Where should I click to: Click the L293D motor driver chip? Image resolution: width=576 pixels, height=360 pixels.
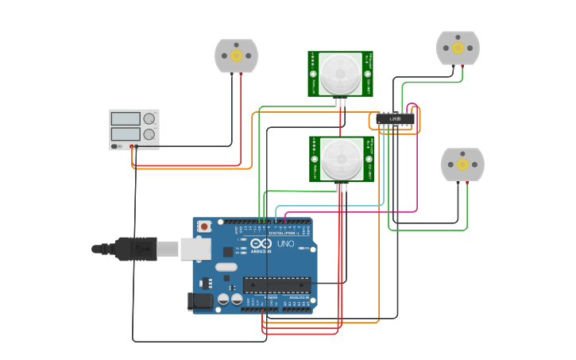click(x=395, y=119)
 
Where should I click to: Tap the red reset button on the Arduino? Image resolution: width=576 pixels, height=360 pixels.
click(x=204, y=226)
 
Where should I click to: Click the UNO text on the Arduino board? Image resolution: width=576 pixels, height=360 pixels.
click(x=286, y=243)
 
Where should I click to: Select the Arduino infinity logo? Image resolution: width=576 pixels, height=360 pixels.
click(x=261, y=243)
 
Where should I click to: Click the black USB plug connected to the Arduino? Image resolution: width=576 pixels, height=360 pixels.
click(x=136, y=249)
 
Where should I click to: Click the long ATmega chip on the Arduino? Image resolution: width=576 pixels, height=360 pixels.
click(x=276, y=284)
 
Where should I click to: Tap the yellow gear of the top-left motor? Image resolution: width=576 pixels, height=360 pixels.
click(x=237, y=55)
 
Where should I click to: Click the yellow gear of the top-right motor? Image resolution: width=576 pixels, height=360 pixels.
click(x=458, y=48)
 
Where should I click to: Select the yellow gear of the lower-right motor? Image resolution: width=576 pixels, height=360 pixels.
click(x=462, y=165)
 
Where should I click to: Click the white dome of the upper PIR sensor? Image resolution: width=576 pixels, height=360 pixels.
click(x=339, y=74)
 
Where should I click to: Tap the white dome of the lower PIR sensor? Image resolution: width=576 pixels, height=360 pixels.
click(x=339, y=159)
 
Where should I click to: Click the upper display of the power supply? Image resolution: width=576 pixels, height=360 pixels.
click(x=126, y=118)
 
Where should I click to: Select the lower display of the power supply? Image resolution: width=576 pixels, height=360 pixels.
click(x=126, y=134)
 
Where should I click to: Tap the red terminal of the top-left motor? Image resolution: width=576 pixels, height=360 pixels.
click(x=242, y=74)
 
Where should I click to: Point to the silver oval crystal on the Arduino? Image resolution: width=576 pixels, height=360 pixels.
click(x=226, y=268)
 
